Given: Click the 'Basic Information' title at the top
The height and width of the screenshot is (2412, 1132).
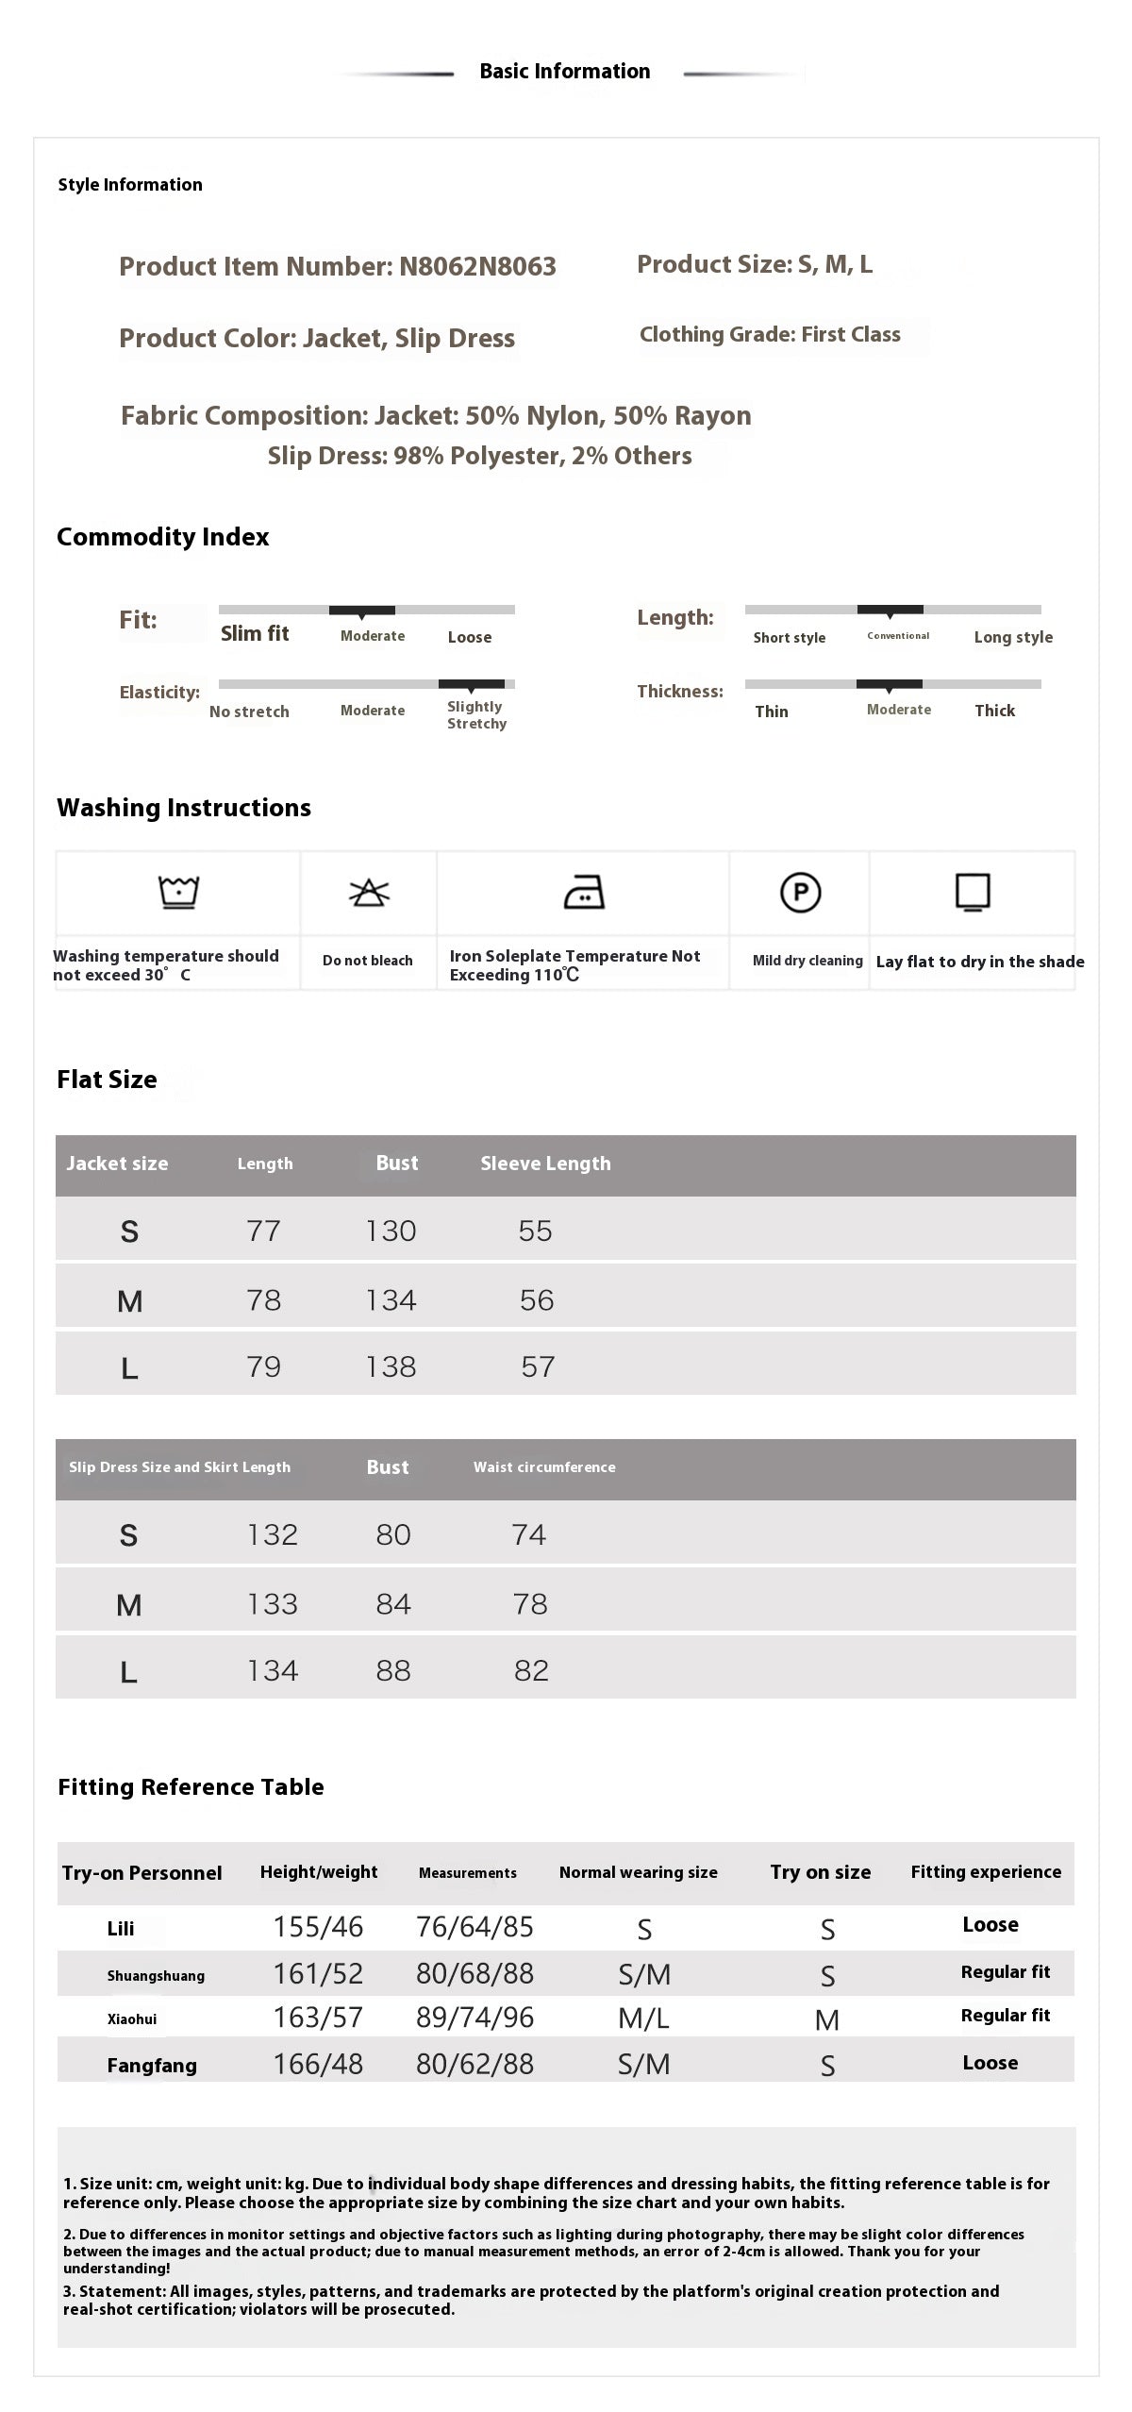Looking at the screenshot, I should coord(564,72).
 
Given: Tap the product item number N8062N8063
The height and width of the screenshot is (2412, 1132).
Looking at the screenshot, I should coord(477,267).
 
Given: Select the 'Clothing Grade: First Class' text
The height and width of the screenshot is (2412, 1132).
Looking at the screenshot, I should coord(770,335).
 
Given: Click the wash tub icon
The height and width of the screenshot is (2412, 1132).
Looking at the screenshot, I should coord(178,892).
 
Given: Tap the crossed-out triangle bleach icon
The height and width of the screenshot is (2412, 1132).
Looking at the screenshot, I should coord(369,892).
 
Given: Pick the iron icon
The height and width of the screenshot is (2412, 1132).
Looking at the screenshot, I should coord(584,892).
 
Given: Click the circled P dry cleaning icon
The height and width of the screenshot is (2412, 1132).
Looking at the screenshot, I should coord(800,892).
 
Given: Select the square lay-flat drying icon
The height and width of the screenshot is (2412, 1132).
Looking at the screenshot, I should coord(973,892).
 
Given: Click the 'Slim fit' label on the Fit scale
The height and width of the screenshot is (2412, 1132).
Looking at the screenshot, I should coord(255,634).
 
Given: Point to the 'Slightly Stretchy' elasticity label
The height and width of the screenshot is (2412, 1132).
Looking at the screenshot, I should coord(476,715).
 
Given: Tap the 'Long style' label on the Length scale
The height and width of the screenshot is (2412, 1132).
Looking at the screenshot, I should coord(1013,638).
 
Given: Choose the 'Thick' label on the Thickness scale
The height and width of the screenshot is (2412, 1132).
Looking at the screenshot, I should coord(994,712).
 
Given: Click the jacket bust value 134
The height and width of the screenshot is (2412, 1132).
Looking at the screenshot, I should coord(391,1300).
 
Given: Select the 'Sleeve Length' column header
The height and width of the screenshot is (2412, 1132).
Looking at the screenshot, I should coord(545,1164).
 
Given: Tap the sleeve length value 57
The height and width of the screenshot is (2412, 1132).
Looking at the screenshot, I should coord(538,1367).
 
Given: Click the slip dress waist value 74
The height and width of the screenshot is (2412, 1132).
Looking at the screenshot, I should coord(528,1535).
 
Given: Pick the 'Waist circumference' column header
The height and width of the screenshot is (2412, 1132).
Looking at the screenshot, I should coord(544,1467).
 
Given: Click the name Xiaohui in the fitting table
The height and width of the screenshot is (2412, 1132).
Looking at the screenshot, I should coord(132,2019).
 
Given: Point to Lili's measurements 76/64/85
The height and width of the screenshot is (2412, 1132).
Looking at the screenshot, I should coord(474,1928).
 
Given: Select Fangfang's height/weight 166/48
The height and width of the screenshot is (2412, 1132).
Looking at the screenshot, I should coord(318,2065).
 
